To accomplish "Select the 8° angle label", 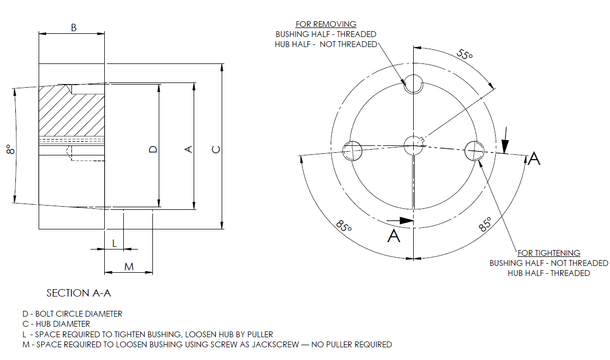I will click(9, 150).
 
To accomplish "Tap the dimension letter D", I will click(153, 150).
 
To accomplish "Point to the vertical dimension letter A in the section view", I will click(187, 150).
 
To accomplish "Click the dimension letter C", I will click(216, 150).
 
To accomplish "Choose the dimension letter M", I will click(129, 267).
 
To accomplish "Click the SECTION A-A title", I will click(79, 293).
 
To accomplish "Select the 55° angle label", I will click(465, 54).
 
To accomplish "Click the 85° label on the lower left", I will click(344, 226).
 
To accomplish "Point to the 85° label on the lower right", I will click(485, 224).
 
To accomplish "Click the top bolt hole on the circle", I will click(413, 84).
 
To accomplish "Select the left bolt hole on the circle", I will click(352, 151).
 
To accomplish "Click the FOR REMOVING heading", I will click(326, 24).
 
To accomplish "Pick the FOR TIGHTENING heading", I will click(549, 253).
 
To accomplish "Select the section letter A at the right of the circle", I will click(534, 158).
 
